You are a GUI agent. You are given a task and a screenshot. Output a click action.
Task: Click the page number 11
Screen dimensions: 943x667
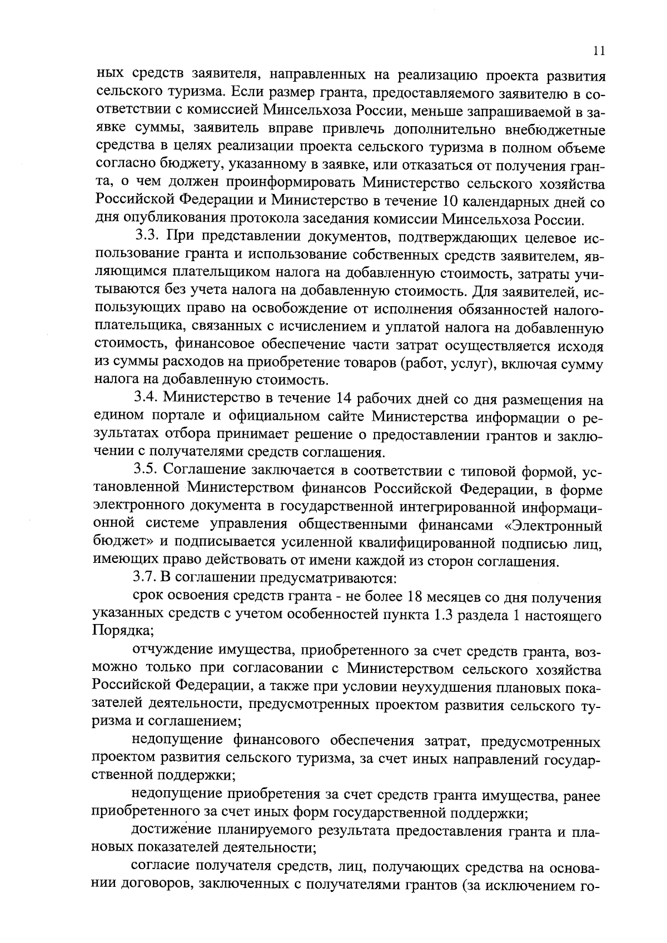[598, 51]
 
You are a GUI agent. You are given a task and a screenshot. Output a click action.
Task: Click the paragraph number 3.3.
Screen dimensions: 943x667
[147, 237]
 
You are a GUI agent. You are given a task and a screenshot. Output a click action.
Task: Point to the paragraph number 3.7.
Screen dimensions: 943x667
[147, 578]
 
